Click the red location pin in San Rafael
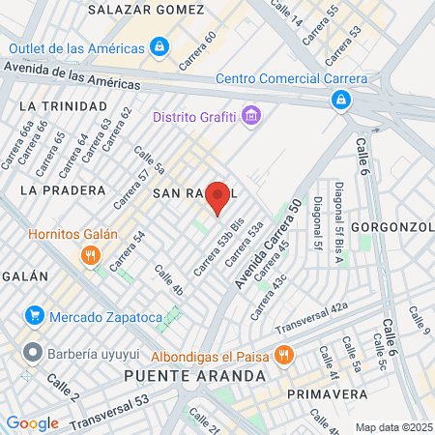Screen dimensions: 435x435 tap(218, 196)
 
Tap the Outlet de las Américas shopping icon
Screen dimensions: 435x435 tap(159, 46)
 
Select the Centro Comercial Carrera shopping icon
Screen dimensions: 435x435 tap(340, 99)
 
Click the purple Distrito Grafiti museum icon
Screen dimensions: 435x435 tap(251, 117)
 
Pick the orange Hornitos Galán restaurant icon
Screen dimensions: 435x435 tap(89, 255)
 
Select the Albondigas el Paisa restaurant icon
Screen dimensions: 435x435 tap(283, 354)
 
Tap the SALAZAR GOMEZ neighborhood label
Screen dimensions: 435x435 tap(146, 9)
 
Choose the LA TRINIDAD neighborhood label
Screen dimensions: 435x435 tap(63, 105)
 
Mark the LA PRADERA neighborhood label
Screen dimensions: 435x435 tap(59, 190)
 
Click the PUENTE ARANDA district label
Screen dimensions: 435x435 tap(194, 375)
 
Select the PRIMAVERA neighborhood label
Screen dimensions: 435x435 tap(327, 393)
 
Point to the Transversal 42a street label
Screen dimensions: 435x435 tap(310, 320)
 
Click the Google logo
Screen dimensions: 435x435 tap(32, 422)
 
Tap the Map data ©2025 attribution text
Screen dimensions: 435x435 tap(392, 427)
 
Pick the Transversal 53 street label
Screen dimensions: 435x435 tap(110, 408)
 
